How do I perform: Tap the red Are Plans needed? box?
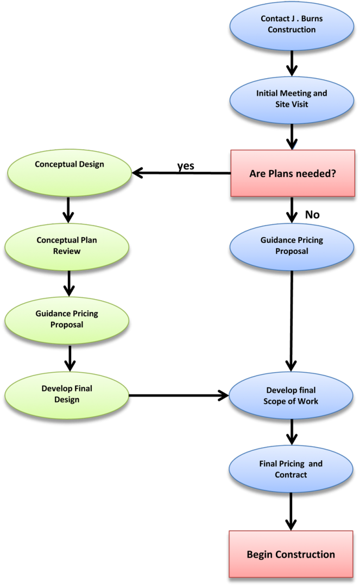(292, 173)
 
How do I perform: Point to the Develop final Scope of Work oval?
(291, 396)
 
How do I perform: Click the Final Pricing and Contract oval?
(291, 469)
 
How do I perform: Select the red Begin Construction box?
(290, 554)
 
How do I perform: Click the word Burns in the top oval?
(311, 19)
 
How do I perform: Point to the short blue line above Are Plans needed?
(295, 145)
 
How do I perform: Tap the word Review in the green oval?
(67, 251)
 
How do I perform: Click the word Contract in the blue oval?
(291, 475)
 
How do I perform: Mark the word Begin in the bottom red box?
(260, 555)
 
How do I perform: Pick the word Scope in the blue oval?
(275, 402)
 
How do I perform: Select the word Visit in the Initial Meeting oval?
(299, 104)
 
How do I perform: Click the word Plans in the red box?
(286, 174)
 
